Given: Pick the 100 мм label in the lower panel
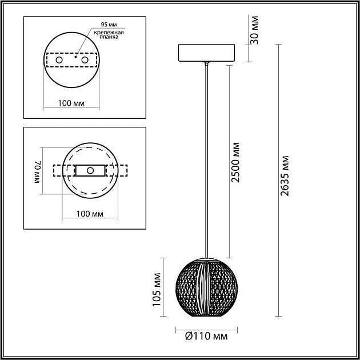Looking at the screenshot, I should click(90, 214).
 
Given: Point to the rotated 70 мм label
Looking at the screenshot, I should click(38, 171).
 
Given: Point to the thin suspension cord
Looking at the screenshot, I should click(205, 160).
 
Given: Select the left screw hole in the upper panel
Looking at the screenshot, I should click(59, 59).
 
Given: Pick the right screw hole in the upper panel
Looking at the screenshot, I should click(85, 59).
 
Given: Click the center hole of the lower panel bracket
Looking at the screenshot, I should click(90, 170).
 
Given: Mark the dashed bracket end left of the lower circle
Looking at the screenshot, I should click(58, 171).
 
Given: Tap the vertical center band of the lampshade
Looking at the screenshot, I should click(205, 286).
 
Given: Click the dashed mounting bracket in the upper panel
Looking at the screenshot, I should click(71, 60).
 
